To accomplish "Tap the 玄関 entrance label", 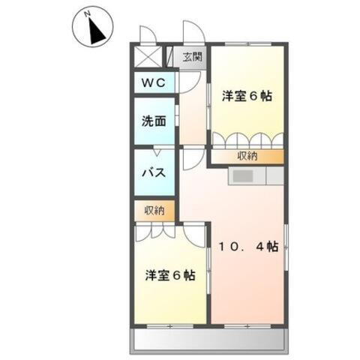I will tap(191, 56).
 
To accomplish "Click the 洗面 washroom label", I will tap(154, 121).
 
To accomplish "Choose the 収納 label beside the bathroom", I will tap(154, 211).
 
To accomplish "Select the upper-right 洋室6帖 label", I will tap(246, 97).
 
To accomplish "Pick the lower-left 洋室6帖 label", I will tap(170, 274).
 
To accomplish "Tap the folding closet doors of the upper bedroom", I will tap(248, 141).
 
